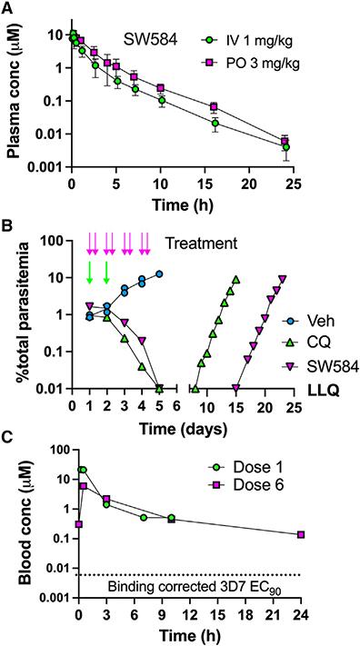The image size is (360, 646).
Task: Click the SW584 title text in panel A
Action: pyautogui.click(x=150, y=40)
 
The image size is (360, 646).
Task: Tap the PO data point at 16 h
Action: pyautogui.click(x=215, y=107)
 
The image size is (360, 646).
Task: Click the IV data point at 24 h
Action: pyautogui.click(x=286, y=146)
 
